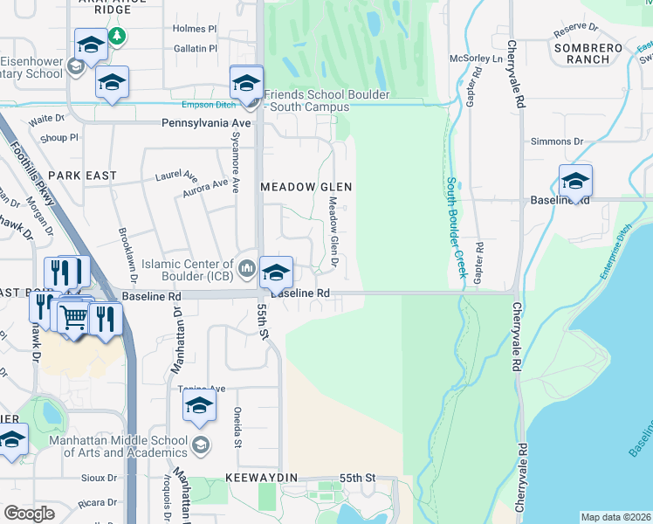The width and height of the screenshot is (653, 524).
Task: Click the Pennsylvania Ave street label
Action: click(206, 124)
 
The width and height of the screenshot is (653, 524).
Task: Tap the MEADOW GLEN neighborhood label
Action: click(306, 187)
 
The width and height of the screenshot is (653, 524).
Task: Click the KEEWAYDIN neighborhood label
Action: click(261, 479)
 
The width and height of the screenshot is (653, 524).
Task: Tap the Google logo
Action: click(29, 514)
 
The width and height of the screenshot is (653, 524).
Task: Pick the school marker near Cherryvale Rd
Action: click(575, 181)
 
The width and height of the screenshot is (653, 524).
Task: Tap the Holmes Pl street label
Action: click(194, 28)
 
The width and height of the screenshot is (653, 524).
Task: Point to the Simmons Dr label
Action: click(556, 141)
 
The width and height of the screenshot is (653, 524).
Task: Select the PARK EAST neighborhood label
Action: click(88, 176)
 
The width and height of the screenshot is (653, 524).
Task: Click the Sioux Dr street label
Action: click(99, 478)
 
